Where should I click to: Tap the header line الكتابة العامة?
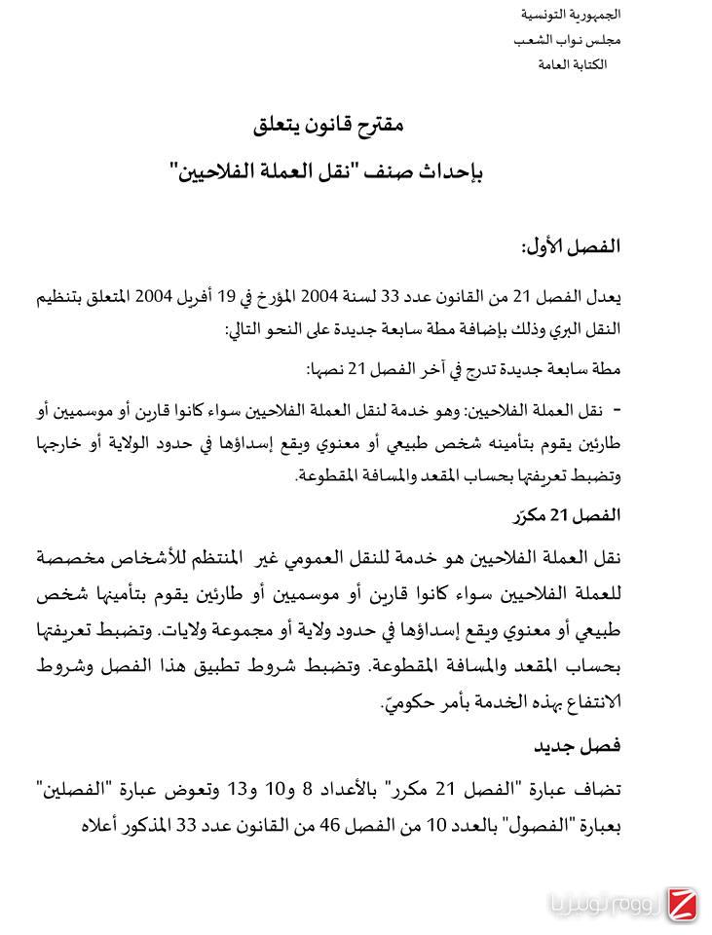572,64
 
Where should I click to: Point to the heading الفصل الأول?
572,246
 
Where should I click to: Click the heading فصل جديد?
578,747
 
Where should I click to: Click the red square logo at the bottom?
680,903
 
